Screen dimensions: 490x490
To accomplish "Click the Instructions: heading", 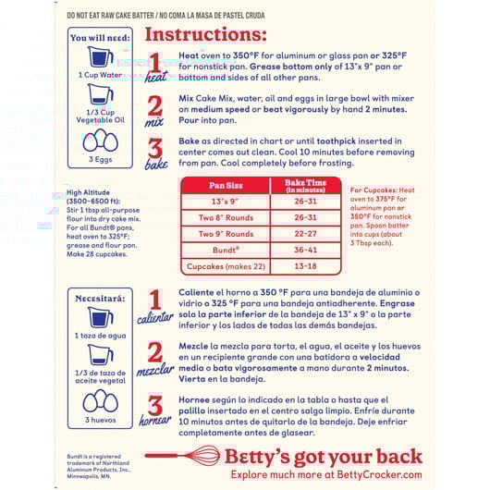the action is pyautogui.click(x=205, y=34).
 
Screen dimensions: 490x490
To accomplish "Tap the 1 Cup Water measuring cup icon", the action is pyautogui.click(x=101, y=56).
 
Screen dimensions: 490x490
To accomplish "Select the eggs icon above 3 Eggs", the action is pyautogui.click(x=101, y=140).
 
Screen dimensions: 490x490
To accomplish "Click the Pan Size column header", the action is pyautogui.click(x=226, y=185).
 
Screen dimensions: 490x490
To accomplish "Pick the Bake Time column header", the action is pyautogui.click(x=305, y=186).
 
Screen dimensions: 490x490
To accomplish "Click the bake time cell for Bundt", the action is pyautogui.click(x=305, y=250).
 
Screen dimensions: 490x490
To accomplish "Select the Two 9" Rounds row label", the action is pyautogui.click(x=226, y=234).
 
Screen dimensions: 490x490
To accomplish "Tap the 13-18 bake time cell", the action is pyautogui.click(x=305, y=266).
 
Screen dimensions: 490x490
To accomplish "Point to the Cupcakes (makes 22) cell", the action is pyautogui.click(x=226, y=266).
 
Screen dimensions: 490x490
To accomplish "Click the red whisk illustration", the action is pyautogui.click(x=183, y=455).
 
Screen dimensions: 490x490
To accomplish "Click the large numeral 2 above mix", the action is pyautogui.click(x=155, y=106).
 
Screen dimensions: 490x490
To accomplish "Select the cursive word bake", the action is pyautogui.click(x=156, y=165).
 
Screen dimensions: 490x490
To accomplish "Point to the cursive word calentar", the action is pyautogui.click(x=155, y=318).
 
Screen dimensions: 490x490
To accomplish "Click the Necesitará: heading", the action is pyautogui.click(x=100, y=299).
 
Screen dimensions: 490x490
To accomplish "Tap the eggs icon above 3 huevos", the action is pyautogui.click(x=101, y=400).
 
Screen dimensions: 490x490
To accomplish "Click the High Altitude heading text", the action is pyautogui.click(x=88, y=192).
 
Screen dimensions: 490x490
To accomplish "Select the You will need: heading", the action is pyautogui.click(x=100, y=38).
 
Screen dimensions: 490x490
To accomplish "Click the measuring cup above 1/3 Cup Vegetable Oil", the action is pyautogui.click(x=101, y=94).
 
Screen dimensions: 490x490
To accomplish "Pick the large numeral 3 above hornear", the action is pyautogui.click(x=155, y=405).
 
